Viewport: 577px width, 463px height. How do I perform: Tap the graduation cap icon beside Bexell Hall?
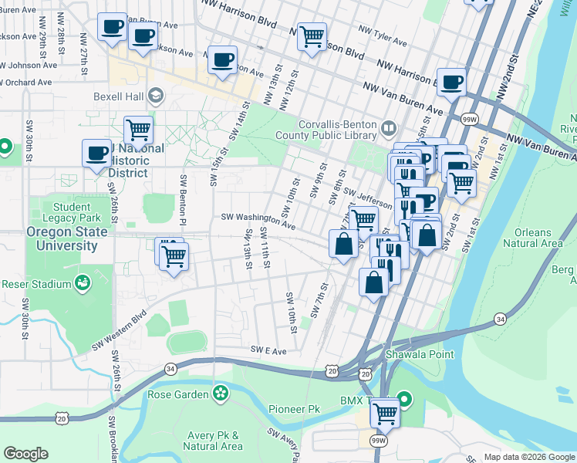tap(157, 96)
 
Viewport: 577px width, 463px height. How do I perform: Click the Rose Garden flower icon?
tap(221, 394)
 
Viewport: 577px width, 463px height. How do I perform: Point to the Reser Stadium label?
tap(35, 284)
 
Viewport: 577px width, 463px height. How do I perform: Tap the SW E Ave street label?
tap(268, 350)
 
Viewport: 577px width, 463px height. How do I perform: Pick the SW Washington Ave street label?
tap(258, 221)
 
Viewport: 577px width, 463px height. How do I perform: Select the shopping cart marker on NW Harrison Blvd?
tap(312, 35)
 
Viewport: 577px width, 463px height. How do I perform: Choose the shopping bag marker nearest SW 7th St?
tap(343, 244)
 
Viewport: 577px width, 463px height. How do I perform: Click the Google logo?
tap(25, 454)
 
